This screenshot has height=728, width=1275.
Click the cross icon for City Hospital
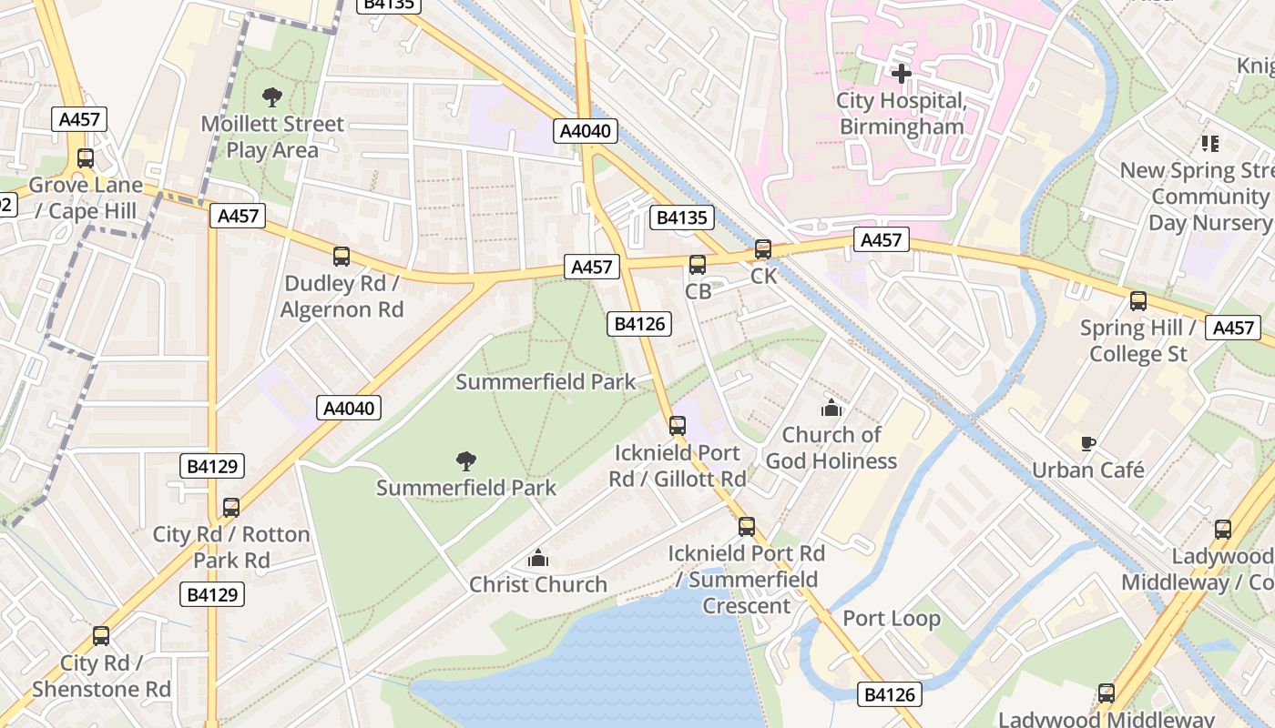click(902, 74)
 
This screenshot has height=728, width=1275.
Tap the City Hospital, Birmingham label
click(901, 114)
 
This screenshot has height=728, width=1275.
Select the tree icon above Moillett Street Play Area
click(271, 97)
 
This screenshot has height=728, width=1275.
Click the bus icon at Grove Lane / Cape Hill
click(86, 158)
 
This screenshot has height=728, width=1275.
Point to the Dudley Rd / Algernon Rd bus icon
click(342, 257)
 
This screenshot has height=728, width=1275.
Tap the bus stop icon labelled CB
click(698, 265)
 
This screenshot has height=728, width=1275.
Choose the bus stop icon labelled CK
click(763, 249)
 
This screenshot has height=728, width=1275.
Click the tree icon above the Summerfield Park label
click(466, 461)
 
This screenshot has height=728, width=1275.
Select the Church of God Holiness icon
click(831, 408)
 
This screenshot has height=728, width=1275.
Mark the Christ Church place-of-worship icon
click(538, 557)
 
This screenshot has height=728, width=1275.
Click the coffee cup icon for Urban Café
click(1087, 444)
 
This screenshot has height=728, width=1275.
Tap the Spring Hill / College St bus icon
click(1138, 301)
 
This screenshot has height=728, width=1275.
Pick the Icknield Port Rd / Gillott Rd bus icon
click(677, 426)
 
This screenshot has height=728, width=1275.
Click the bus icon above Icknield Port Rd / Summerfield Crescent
click(747, 526)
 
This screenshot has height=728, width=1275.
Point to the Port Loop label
click(891, 619)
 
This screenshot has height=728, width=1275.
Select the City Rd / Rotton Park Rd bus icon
click(231, 507)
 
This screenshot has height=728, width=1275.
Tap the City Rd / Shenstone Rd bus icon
click(101, 636)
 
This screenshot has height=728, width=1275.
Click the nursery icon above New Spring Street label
click(1209, 144)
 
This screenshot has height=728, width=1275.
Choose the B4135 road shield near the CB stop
click(681, 217)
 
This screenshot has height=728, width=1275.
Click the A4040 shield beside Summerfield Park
click(350, 408)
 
